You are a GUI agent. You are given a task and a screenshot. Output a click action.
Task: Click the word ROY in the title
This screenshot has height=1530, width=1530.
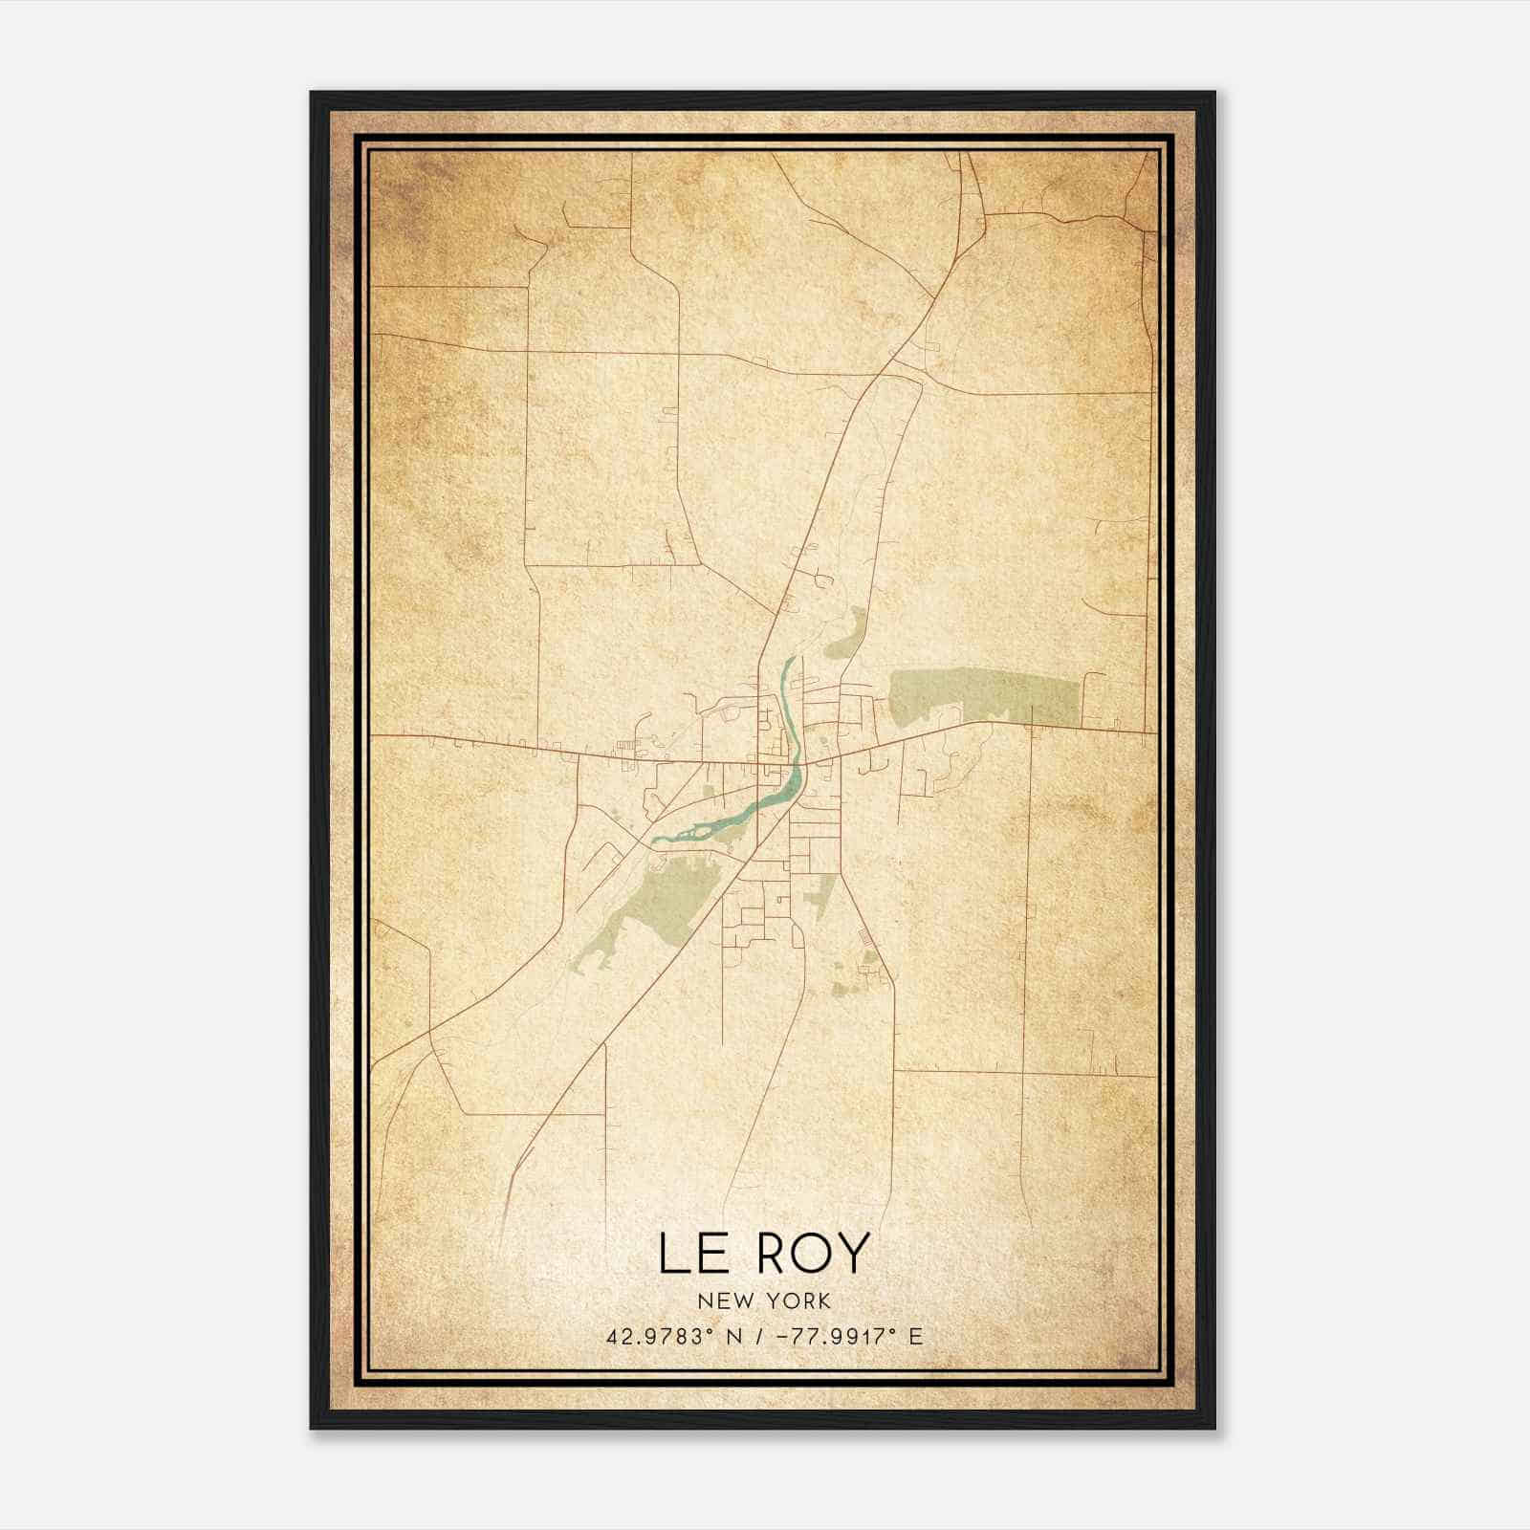point(813,1254)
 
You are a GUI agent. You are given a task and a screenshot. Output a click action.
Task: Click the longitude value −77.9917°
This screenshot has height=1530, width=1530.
point(829,1337)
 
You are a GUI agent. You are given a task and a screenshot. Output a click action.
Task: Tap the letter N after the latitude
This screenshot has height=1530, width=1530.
point(736,1337)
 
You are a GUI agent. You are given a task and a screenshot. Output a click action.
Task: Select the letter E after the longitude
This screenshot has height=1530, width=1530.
point(916,1337)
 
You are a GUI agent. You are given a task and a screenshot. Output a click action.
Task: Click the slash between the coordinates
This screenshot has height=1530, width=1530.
point(758,1337)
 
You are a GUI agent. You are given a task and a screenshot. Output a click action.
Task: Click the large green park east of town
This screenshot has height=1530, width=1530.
point(985,696)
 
